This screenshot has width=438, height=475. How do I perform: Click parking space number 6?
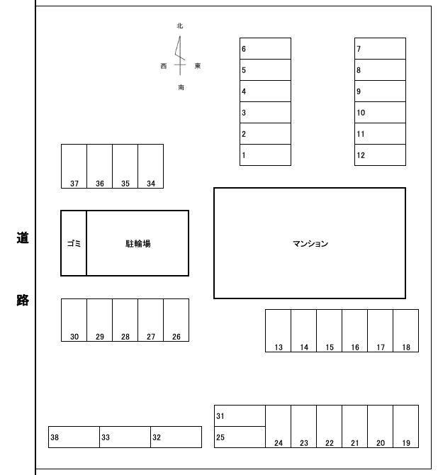click(265, 48)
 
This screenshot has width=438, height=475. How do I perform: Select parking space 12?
click(380, 155)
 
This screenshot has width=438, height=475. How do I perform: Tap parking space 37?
click(74, 166)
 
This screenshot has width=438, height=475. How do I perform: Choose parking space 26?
click(176, 320)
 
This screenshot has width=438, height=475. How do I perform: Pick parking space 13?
click(278, 330)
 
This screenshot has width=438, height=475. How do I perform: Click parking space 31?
click(240, 415)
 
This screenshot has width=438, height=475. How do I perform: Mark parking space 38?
click(74, 437)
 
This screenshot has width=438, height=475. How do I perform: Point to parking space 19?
click(406, 426)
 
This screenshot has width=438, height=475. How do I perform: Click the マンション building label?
click(310, 244)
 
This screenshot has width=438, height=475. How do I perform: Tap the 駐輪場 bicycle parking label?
click(138, 244)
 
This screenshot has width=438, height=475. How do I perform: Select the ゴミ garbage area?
click(74, 243)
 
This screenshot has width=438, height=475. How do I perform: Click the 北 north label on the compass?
click(180, 26)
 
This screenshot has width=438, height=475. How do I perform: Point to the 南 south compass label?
click(181, 87)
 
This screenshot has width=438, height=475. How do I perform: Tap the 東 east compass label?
click(198, 66)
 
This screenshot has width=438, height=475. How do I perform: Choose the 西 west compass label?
click(164, 66)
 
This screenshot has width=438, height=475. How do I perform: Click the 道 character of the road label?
click(23, 238)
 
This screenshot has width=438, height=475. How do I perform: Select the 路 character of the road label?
click(23, 300)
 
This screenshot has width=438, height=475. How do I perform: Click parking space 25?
click(240, 437)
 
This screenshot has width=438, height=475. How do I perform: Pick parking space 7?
click(380, 48)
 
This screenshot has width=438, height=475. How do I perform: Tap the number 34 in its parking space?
click(151, 184)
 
